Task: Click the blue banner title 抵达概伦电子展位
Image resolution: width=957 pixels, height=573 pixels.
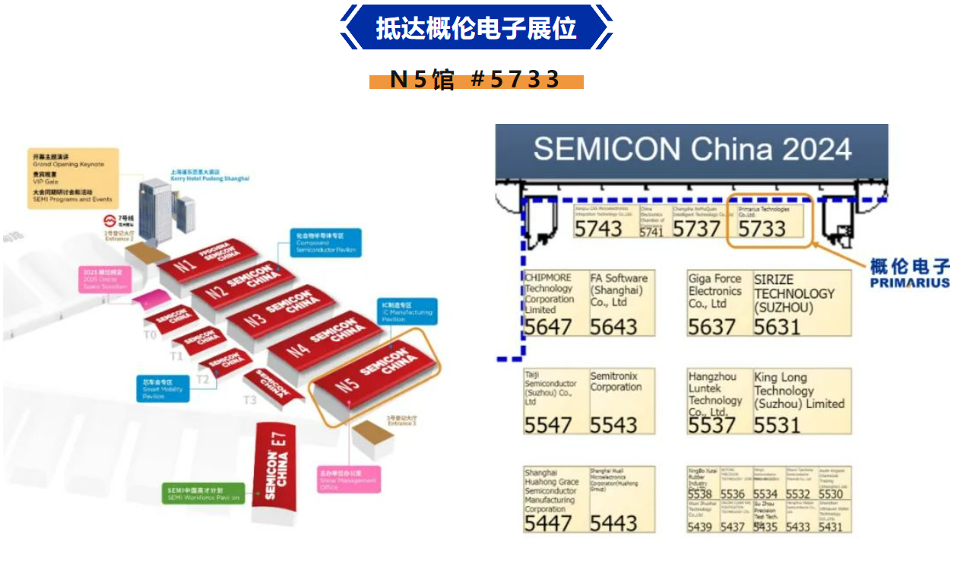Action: (x=477, y=28)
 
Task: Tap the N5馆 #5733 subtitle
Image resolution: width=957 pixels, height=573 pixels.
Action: (x=476, y=80)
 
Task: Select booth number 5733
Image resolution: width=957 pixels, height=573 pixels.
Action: (x=762, y=227)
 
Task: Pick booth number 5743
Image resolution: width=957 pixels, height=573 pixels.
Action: (x=598, y=227)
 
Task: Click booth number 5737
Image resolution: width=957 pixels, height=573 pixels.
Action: (x=696, y=227)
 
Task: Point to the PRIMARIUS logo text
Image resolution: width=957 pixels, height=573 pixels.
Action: (x=911, y=283)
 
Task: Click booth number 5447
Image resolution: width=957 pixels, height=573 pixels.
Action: (x=547, y=522)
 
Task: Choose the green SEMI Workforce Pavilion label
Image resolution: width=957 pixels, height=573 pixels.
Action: (x=204, y=493)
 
